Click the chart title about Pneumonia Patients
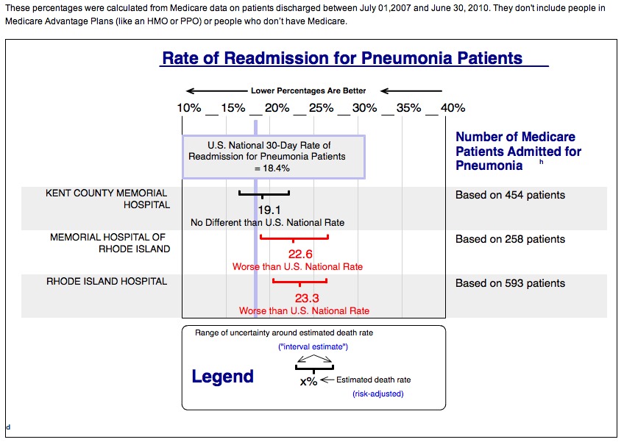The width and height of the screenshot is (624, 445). pos(342,58)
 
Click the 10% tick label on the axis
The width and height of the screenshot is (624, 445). pos(189,108)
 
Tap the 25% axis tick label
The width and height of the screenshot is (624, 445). pos(321,108)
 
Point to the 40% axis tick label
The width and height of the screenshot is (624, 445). pos(453,108)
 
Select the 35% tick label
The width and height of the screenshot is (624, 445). pos(408,108)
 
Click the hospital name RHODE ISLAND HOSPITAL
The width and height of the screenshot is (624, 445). pos(106,282)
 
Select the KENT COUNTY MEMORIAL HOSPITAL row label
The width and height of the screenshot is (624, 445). pos(107,199)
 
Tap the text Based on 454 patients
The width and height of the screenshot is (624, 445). pos(510,195)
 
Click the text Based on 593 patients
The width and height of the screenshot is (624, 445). pos(510,283)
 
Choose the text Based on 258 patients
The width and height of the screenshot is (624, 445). pos(510,239)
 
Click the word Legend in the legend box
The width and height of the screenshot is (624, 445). pos(222,377)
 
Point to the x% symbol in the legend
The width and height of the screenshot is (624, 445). pos(308,382)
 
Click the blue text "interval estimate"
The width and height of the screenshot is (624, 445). pos(313,346)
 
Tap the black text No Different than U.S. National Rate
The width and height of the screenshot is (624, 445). pos(267,222)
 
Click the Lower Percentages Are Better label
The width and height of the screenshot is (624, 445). pos(308,91)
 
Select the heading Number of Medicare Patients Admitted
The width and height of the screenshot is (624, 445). pos(518,151)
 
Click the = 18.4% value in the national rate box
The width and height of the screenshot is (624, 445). pos(272,168)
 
